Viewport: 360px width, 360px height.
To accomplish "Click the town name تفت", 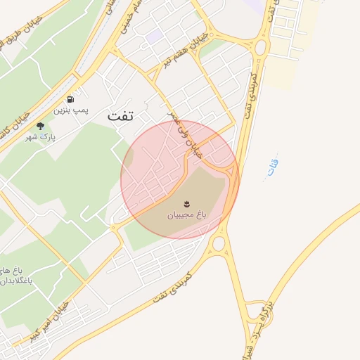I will point(120,117).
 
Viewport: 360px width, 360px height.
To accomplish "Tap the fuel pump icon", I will point(71,100).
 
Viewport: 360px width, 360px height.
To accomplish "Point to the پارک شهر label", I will point(40,136).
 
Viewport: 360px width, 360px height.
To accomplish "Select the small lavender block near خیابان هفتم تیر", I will point(155,36).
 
